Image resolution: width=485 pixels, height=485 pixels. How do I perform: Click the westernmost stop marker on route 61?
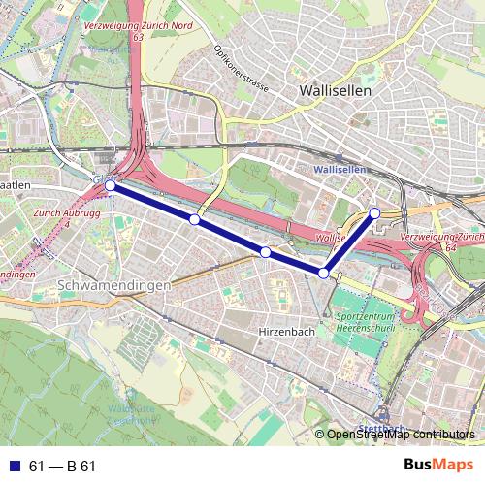[x=110, y=185]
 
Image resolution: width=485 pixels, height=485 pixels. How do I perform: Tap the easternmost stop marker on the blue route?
[x=374, y=212]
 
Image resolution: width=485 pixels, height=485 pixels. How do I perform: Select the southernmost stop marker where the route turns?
[x=323, y=274]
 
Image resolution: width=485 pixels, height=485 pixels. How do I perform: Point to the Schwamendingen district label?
[x=114, y=286]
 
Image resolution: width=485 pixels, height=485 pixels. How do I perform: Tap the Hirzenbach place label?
[x=286, y=331]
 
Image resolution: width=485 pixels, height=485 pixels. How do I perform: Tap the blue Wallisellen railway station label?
[x=340, y=169]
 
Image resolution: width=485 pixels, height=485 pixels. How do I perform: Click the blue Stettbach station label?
[x=380, y=428]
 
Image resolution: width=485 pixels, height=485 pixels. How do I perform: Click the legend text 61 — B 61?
[x=63, y=467]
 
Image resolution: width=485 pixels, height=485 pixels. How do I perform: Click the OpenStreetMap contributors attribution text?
[x=402, y=435]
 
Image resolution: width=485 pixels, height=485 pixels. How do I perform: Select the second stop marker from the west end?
[x=195, y=220]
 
